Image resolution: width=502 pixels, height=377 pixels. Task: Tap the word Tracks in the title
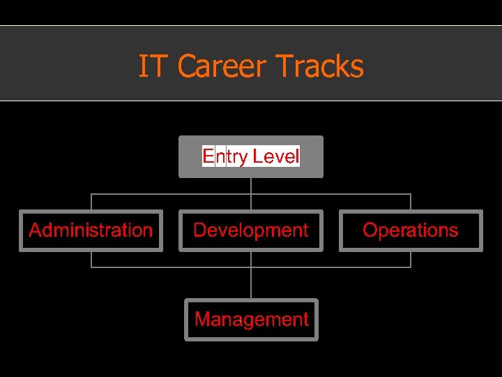320,67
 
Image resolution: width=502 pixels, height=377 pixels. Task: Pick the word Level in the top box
276,156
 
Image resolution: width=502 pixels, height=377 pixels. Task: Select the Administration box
91,230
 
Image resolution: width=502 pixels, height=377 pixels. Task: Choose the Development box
251,230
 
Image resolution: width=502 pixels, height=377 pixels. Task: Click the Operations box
411,230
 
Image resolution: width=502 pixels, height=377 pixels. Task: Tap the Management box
251,320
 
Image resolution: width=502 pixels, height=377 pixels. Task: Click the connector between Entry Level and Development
251,193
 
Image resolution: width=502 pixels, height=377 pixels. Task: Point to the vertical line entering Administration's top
91,202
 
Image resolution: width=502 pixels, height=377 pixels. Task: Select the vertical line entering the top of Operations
411,202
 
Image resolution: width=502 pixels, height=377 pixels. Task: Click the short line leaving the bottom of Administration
91,260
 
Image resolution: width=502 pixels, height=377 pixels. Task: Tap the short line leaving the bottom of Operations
411,260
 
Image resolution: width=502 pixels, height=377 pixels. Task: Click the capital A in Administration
36,230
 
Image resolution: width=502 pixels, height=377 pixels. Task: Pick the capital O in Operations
370,230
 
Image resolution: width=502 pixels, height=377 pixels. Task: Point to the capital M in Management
202,320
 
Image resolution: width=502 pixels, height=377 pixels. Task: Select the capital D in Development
199,230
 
